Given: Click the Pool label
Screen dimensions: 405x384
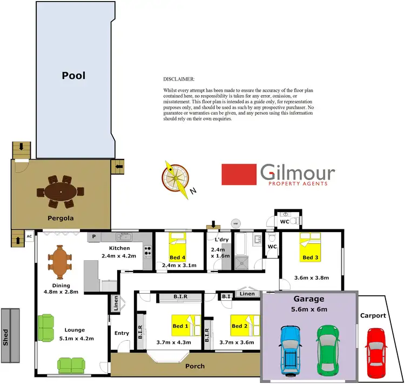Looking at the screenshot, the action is click(74, 76).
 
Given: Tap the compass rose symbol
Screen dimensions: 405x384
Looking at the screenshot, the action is click(175, 176).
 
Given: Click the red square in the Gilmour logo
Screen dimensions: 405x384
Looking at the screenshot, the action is click(238, 175).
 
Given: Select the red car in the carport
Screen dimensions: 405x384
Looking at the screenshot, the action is click(376, 353).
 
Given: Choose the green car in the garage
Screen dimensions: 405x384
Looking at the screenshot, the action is click(329, 350).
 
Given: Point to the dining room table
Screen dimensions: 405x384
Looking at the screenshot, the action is click(59, 260).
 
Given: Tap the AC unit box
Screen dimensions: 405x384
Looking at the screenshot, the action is click(29, 236).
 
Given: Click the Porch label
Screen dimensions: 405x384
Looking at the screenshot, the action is click(195, 366).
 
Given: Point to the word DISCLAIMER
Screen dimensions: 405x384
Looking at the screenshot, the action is click(178, 79).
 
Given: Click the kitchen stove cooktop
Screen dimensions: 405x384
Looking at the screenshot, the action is click(147, 251).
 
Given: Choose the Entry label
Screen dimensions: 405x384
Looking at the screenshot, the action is click(122, 333).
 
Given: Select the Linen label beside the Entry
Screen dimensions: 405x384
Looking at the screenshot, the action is click(116, 304).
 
